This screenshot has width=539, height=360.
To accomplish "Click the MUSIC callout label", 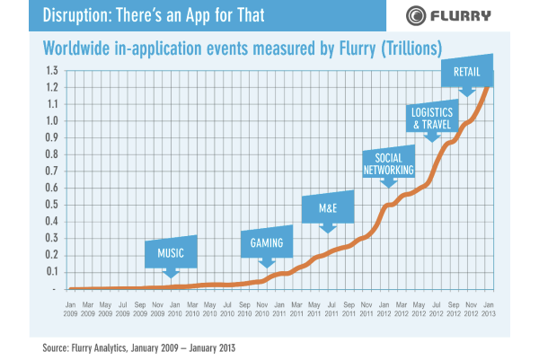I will pyautogui.click(x=171, y=253).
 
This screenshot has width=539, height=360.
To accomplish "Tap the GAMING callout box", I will pyautogui.click(x=267, y=241).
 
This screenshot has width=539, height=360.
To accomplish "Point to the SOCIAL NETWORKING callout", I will pyautogui.click(x=388, y=162).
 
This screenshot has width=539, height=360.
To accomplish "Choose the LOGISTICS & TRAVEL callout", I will pyautogui.click(x=432, y=119).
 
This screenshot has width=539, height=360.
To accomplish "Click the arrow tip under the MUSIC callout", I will pyautogui.click(x=171, y=274).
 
